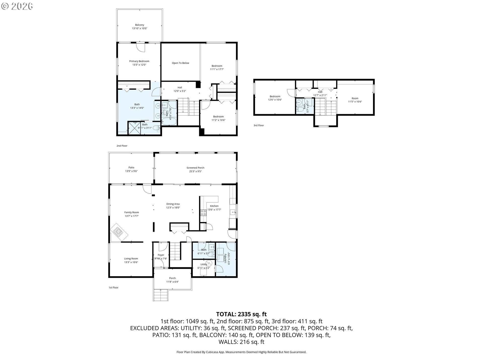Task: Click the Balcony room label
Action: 140,25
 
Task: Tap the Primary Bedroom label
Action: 139,61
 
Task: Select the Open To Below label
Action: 180,63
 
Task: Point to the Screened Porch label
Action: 195,168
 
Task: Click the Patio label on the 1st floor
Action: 131,167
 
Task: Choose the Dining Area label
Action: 173,204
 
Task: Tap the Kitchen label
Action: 214,206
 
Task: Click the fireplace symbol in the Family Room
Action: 119,233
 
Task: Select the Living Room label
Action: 131,258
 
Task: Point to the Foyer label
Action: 161,255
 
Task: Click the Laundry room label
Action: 225,258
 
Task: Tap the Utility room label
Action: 204,264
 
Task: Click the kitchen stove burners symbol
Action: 203,212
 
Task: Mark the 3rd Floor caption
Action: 259,125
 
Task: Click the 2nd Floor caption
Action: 122,146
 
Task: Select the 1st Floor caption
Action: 113,287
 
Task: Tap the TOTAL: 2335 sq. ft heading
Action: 242,314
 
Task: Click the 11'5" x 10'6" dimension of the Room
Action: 355,102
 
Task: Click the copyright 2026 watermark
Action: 17,6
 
